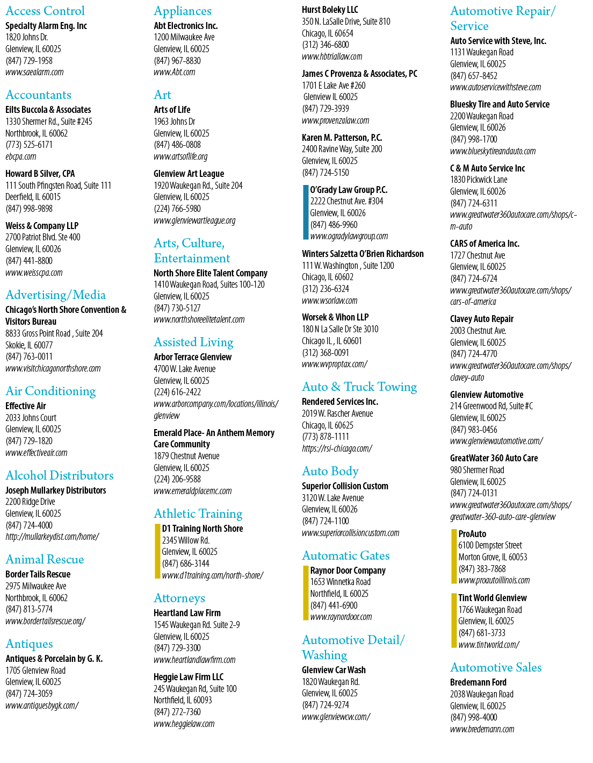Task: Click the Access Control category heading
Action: click(45, 11)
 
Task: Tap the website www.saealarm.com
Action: click(34, 73)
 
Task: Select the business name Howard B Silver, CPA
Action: click(40, 174)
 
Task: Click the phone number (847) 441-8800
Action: click(29, 261)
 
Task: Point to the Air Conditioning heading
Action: click(50, 391)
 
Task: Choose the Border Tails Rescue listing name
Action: click(38, 574)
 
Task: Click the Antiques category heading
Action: click(29, 644)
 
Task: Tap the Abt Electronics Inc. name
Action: click(185, 26)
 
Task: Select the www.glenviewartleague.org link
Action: click(194, 220)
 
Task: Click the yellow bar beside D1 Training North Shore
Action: click(157, 551)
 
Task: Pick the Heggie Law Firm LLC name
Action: click(189, 676)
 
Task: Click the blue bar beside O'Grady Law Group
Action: click(306, 212)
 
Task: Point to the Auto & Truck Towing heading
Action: click(359, 387)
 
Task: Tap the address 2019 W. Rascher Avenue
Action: click(337, 413)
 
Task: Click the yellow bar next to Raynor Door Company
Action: click(306, 593)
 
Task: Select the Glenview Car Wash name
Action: click(334, 670)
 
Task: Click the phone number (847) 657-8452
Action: click(474, 76)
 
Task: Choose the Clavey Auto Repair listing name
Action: click(482, 319)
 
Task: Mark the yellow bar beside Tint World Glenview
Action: click(454, 621)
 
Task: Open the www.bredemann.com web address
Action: click(482, 729)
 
